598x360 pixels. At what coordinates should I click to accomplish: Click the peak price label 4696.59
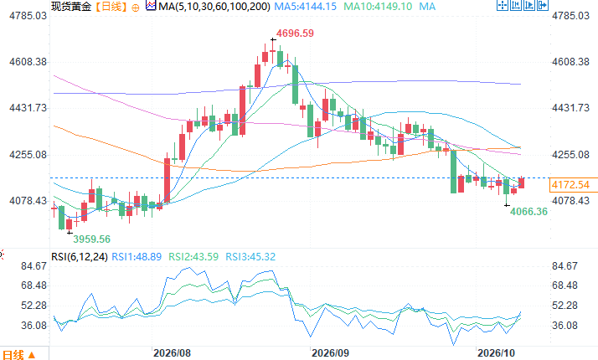[295, 33]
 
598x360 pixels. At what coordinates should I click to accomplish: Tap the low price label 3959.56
[91, 239]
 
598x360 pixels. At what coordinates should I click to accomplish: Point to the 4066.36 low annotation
[528, 211]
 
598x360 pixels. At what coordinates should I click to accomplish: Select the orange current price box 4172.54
[570, 185]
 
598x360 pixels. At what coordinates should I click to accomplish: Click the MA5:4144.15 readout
[305, 7]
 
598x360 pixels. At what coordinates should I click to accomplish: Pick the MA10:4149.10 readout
[378, 7]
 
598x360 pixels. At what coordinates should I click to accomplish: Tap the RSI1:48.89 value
[137, 257]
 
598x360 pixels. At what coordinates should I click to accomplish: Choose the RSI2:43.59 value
[193, 257]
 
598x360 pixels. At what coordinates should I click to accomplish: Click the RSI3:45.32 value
[250, 257]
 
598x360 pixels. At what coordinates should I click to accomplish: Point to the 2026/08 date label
[172, 352]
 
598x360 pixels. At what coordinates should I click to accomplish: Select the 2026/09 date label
[330, 352]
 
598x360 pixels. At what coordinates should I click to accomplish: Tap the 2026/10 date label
[496, 352]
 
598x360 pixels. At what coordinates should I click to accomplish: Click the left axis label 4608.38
[28, 62]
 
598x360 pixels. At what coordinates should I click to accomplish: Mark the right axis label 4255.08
[570, 154]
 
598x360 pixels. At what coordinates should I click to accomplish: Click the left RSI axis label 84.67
[34, 265]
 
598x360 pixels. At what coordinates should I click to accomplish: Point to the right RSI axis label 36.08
[564, 326]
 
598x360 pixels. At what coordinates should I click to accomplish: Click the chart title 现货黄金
[71, 7]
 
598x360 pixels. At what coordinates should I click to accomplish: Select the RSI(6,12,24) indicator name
[80, 257]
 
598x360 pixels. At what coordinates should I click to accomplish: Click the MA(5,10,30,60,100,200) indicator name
[214, 7]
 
